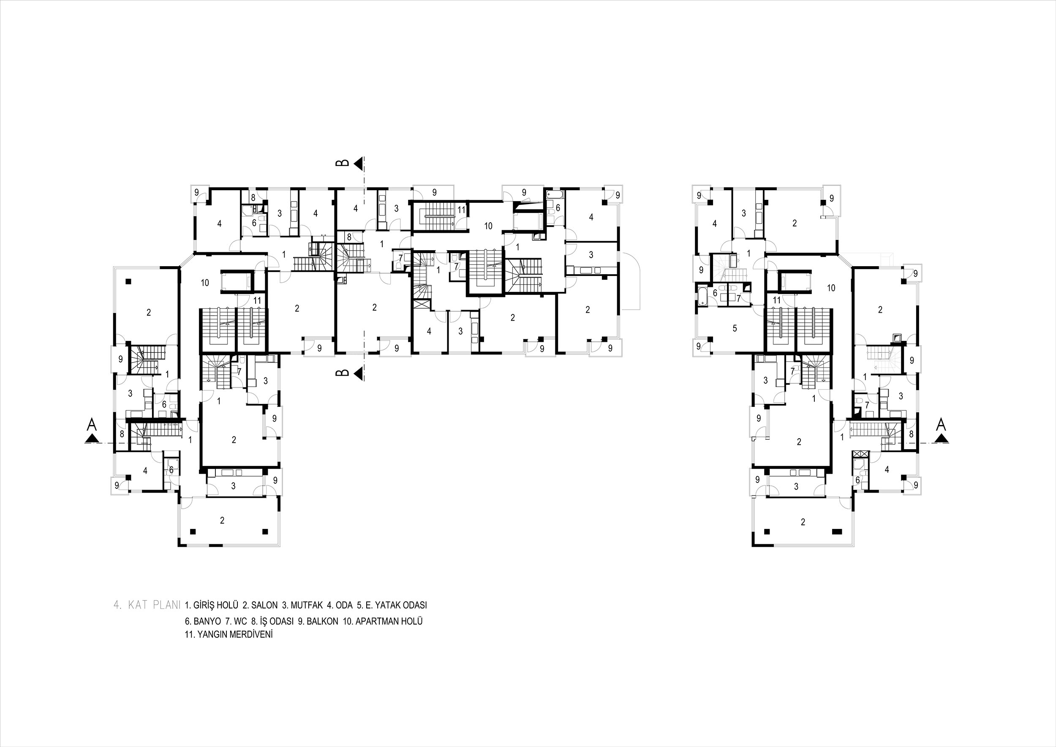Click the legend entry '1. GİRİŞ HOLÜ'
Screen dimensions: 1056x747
tap(212, 605)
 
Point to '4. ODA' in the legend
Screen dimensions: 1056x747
tap(340, 605)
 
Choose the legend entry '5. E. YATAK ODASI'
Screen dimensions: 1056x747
tap(392, 605)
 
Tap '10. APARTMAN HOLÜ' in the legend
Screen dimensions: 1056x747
tap(383, 621)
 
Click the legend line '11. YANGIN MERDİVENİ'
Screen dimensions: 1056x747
tap(229, 634)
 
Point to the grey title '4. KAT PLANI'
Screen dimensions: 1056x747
tap(147, 605)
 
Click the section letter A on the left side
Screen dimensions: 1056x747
tap(92, 424)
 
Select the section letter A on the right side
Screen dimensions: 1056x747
tap(942, 424)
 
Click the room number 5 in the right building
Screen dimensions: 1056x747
tap(735, 328)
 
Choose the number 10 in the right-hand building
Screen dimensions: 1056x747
tap(831, 289)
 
